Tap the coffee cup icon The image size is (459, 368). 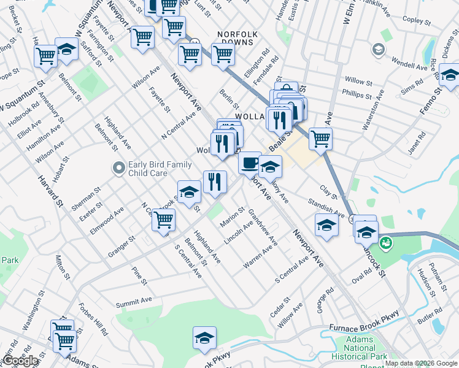249,163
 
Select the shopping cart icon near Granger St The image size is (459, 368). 164,220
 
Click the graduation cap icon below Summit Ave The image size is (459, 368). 205,337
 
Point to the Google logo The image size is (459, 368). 20,361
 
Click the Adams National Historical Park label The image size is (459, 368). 359,347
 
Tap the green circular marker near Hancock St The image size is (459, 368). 387,243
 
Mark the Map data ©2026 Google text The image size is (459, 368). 421,363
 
